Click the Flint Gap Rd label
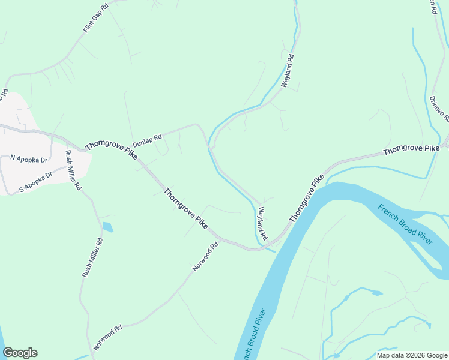[x=96, y=17]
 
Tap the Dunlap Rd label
[x=148, y=137]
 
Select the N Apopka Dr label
[x=29, y=158]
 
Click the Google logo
[x=20, y=353]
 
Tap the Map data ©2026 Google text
[x=412, y=355]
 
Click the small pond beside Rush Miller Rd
[x=107, y=227]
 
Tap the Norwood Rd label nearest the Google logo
[x=108, y=337]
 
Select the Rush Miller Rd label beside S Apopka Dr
[x=73, y=170]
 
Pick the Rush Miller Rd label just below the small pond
[x=92, y=258]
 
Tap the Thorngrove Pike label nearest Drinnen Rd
[x=411, y=151]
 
